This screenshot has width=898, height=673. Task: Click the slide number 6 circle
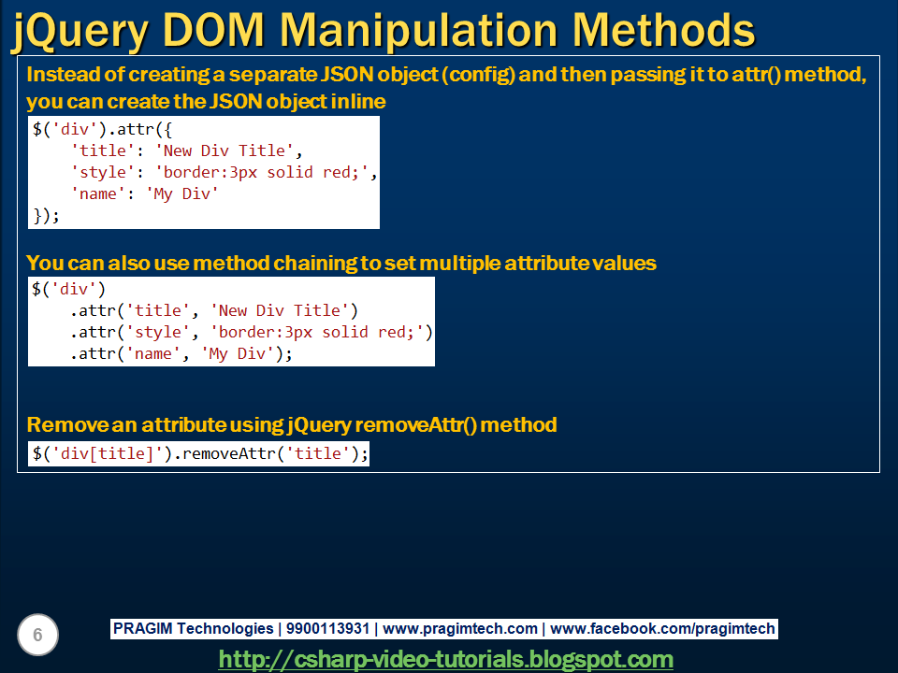pyautogui.click(x=37, y=635)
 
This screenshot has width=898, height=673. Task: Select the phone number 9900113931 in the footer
pyautogui.click(x=327, y=628)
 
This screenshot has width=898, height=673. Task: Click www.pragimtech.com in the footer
pyautogui.click(x=460, y=628)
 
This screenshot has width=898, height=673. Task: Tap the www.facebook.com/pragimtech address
pyautogui.click(x=662, y=628)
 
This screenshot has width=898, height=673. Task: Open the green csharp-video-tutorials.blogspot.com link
pyautogui.click(x=445, y=659)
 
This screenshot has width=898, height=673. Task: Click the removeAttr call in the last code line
pyautogui.click(x=230, y=454)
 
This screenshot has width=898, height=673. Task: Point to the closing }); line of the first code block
pyautogui.click(x=46, y=216)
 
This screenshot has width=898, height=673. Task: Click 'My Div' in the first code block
pyautogui.click(x=182, y=194)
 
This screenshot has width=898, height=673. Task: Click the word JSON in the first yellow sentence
pyautogui.click(x=347, y=75)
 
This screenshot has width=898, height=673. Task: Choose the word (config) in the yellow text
pyautogui.click(x=478, y=75)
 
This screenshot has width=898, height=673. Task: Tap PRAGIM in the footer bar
pyautogui.click(x=142, y=628)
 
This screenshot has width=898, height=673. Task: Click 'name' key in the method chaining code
pyautogui.click(x=152, y=354)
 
